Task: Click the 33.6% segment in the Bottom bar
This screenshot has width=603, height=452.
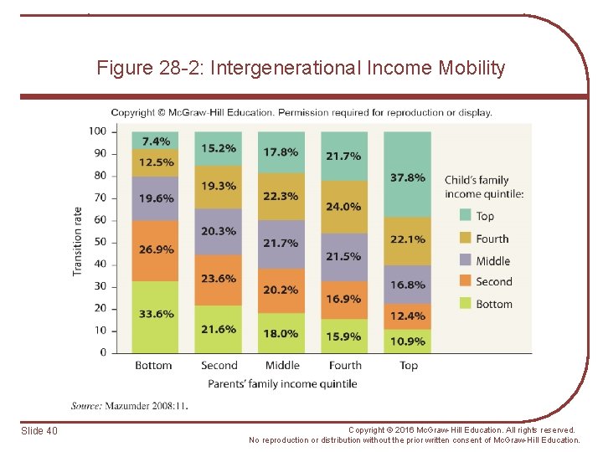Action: tap(155, 315)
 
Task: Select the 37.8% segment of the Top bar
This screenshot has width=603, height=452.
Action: tap(408, 177)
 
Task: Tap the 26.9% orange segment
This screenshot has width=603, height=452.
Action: tap(155, 249)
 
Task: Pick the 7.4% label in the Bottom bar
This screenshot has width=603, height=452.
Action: tap(155, 141)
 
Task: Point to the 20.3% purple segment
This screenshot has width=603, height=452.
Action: tap(219, 231)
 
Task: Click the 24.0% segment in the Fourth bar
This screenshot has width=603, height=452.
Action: tap(344, 207)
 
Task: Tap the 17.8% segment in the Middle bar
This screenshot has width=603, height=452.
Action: tap(281, 152)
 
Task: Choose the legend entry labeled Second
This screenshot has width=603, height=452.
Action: tap(493, 282)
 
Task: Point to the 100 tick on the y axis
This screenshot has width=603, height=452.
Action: tap(98, 131)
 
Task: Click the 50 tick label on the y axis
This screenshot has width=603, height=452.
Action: tap(100, 242)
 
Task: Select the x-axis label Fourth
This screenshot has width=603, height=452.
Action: tap(344, 366)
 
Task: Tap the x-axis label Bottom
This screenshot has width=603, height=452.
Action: tap(153, 366)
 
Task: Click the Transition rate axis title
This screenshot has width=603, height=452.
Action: tap(78, 241)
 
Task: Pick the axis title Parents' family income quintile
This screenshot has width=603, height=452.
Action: tap(282, 384)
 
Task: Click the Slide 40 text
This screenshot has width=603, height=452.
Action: tap(39, 431)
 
